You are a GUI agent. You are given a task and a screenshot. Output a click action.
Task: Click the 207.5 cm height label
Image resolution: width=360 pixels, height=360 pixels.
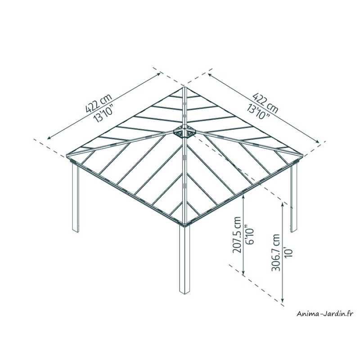(237, 234)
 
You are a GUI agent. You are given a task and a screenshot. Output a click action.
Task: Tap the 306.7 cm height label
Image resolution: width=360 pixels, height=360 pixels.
(275, 252)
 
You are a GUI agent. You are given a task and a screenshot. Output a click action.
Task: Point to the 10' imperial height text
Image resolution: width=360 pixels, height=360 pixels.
(288, 252)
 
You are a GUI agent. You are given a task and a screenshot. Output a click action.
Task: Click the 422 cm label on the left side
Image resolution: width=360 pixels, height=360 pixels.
(99, 103)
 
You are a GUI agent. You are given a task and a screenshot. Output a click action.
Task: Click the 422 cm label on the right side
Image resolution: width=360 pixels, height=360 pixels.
(265, 103)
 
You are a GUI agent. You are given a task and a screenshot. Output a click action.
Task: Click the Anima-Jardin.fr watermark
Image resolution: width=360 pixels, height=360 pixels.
(324, 313)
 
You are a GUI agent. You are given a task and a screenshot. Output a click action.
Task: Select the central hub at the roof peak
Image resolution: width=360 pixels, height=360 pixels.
(184, 131)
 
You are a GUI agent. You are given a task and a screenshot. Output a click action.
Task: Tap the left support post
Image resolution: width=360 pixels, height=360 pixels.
(76, 198)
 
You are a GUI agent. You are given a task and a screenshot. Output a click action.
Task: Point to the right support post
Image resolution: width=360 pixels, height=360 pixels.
(294, 198)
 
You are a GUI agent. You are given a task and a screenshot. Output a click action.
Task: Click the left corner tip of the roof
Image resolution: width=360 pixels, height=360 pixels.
(66, 155)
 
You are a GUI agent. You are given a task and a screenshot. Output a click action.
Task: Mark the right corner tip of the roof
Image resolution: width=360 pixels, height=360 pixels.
(303, 155)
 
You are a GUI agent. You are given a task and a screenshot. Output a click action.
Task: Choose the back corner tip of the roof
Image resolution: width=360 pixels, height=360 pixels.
(184, 86)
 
